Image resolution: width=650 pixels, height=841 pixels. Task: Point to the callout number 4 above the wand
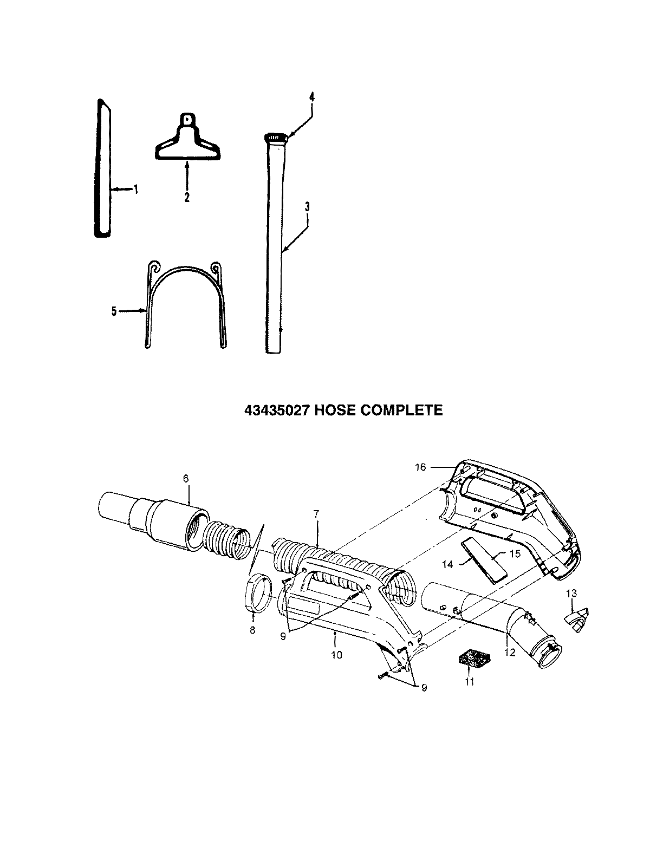click(311, 97)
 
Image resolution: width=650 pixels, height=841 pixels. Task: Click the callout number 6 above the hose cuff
click(186, 478)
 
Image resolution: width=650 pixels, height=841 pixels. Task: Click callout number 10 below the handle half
click(336, 654)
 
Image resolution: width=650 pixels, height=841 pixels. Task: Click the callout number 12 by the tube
click(510, 653)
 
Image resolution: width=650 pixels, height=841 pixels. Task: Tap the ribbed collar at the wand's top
click(276, 137)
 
